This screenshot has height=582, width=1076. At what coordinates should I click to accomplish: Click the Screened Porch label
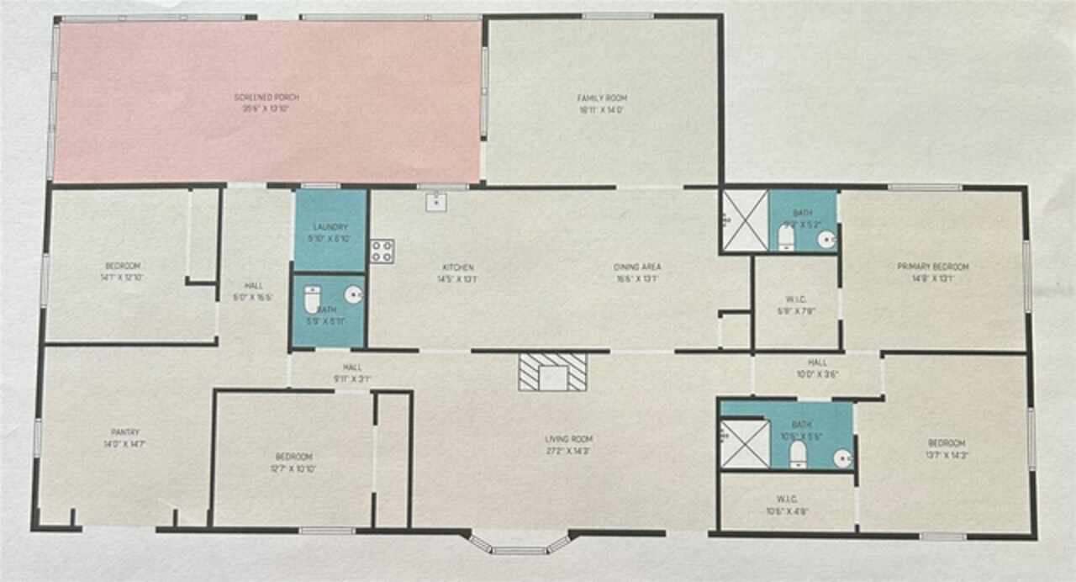coord(266,103)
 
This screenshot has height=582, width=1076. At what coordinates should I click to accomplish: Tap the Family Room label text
coord(603,103)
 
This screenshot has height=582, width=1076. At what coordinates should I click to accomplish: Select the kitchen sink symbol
coord(435,202)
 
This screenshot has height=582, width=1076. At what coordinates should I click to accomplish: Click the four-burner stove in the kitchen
coord(382,251)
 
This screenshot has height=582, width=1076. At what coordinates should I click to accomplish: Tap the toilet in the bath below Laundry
coord(313,299)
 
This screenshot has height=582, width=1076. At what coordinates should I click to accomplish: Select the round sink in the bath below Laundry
coord(354,294)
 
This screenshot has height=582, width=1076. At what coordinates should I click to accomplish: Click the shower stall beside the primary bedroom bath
coord(745,220)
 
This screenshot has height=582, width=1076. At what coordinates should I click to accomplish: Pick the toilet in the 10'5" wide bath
coord(798,454)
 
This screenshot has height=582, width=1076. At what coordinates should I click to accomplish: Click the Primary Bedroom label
coord(932,272)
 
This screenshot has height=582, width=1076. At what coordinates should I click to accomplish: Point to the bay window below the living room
coord(519,546)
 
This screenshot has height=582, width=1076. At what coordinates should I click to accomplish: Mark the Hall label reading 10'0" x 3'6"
coord(817,368)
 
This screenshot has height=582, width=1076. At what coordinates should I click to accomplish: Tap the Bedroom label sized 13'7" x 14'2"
coord(946,448)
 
